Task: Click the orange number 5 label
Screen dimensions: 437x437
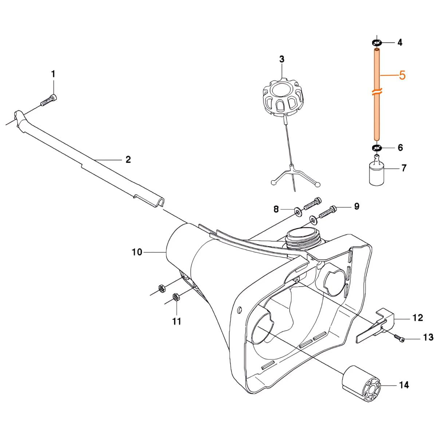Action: point(402,75)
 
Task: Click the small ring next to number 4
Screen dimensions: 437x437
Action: point(377,42)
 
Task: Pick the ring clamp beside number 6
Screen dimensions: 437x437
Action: point(377,148)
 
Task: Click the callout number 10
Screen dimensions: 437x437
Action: point(137,252)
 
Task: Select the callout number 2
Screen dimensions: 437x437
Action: point(128,160)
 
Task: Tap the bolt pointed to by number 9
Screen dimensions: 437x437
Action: point(327,211)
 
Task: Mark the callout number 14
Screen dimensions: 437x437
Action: point(404,385)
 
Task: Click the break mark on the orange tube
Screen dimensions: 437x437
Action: point(377,92)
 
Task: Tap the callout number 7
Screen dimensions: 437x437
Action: point(404,168)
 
